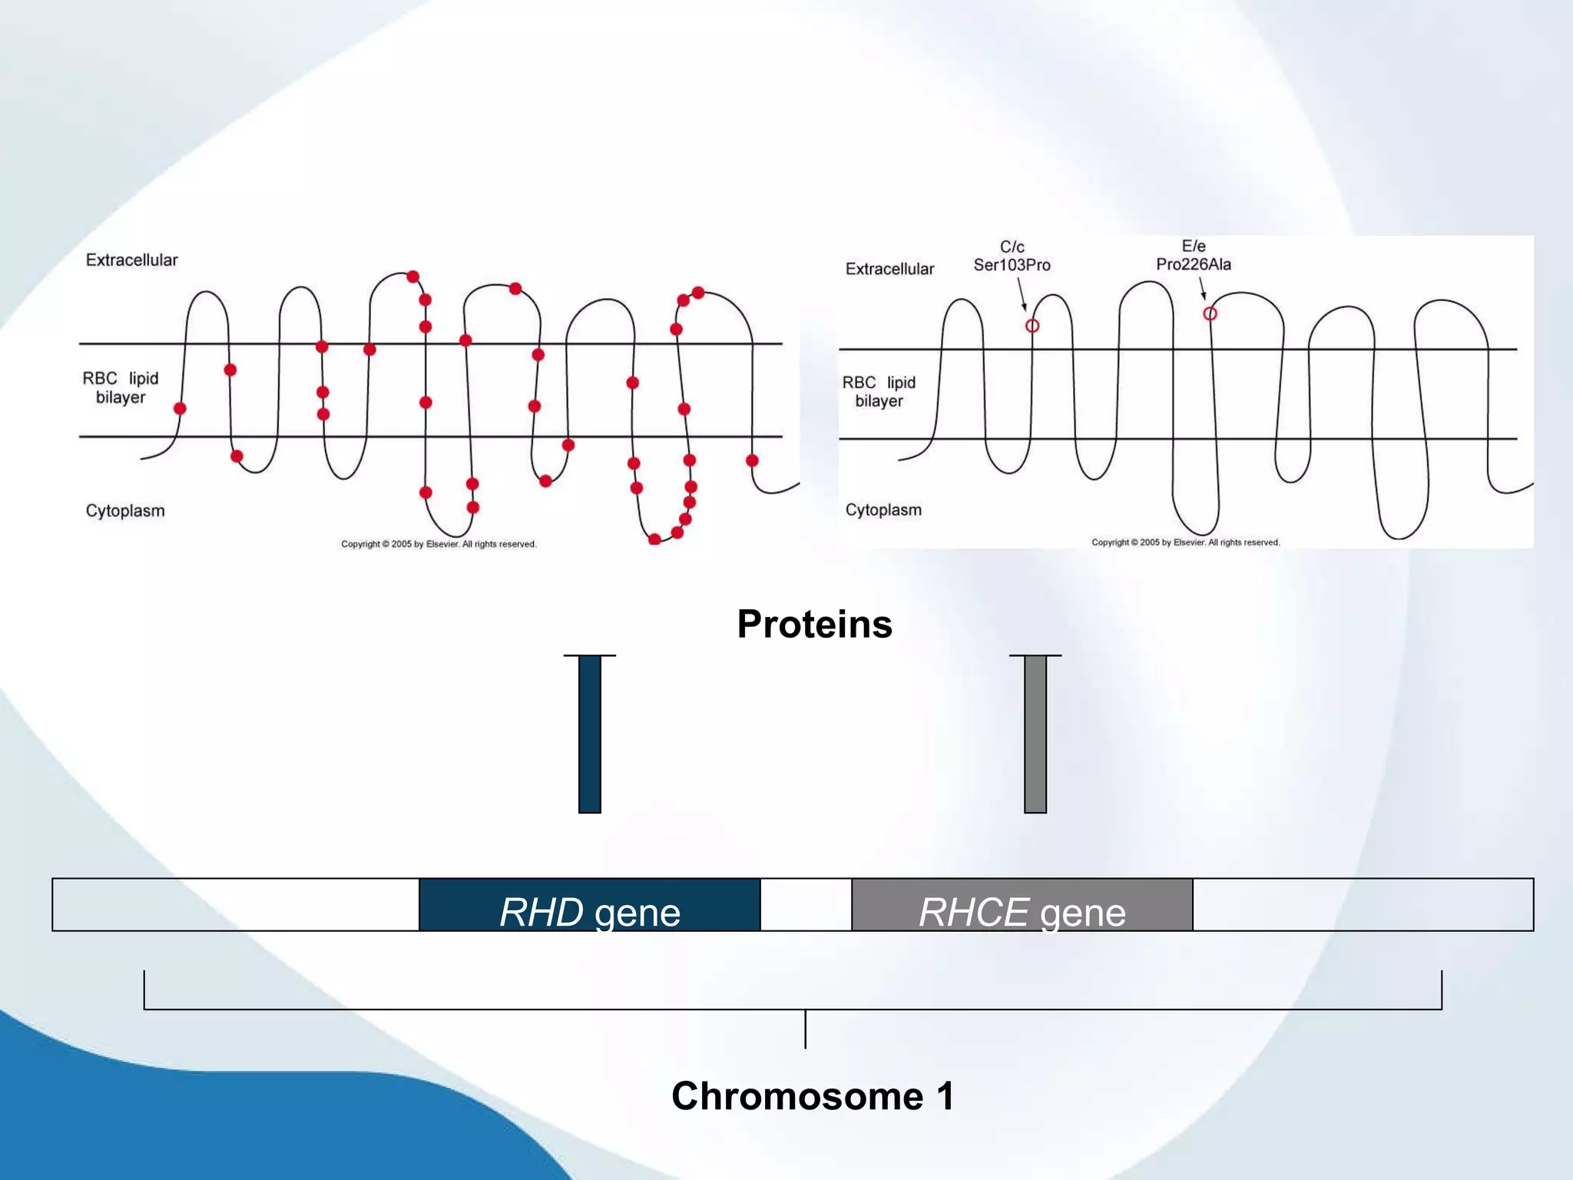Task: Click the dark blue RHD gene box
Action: click(x=589, y=905)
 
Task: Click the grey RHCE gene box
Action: click(x=1022, y=905)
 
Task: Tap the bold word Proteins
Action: click(x=814, y=624)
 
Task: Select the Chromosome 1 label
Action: click(x=813, y=1095)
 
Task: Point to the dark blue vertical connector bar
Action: click(x=589, y=734)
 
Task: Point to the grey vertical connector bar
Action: click(x=1035, y=734)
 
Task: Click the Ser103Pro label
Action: click(x=1012, y=265)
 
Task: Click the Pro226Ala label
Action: click(x=1193, y=264)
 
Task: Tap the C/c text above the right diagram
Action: click(x=1012, y=247)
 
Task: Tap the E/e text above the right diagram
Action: click(x=1193, y=246)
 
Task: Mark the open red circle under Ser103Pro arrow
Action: click(x=1032, y=326)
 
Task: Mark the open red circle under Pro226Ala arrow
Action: click(x=1210, y=313)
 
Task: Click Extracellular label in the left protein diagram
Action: click(x=131, y=260)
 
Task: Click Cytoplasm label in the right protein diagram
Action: click(x=883, y=510)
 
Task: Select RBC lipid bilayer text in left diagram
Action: click(x=121, y=387)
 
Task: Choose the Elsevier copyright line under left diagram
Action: click(x=439, y=544)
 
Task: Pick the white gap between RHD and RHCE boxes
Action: click(x=806, y=905)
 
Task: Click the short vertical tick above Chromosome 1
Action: click(x=805, y=1029)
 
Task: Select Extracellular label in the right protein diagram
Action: click(x=889, y=269)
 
